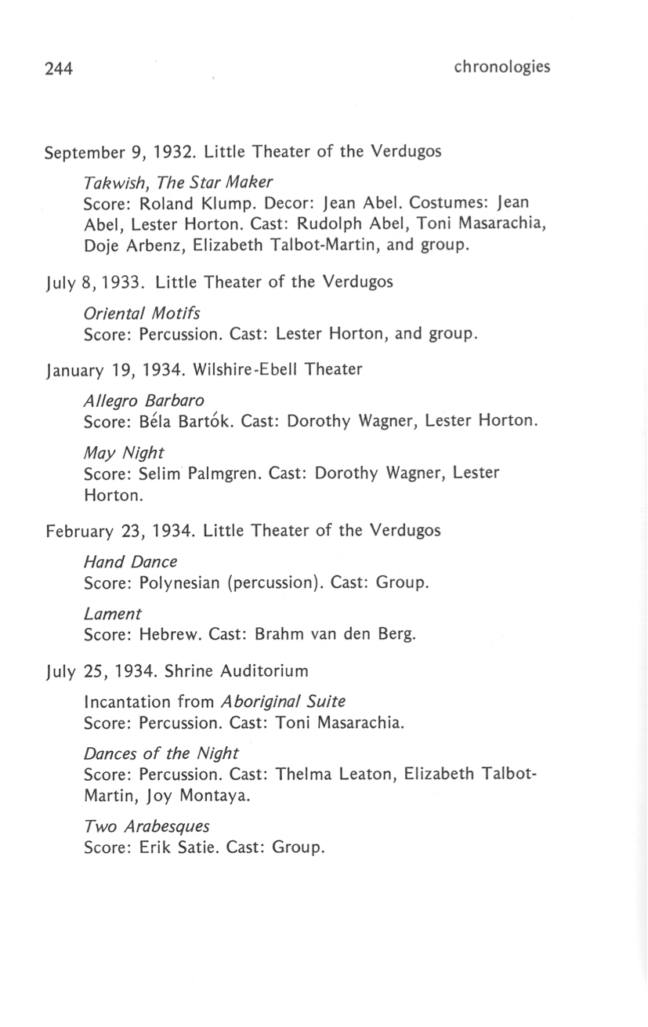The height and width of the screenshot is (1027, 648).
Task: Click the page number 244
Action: pos(59,69)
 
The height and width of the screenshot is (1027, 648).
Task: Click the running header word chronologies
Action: pos(501,67)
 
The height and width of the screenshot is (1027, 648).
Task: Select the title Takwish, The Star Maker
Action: pos(178,183)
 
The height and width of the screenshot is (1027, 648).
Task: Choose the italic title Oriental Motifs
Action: pos(141,314)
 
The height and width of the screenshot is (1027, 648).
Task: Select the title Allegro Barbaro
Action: pos(143,400)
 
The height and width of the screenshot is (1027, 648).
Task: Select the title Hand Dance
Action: pos(130,562)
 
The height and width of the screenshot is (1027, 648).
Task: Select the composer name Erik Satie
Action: pos(174,848)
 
